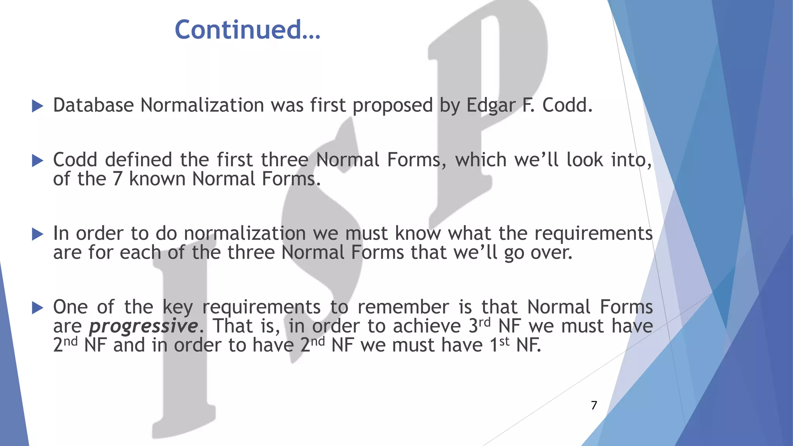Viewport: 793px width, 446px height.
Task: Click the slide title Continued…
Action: [247, 30]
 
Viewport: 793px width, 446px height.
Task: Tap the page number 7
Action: [594, 405]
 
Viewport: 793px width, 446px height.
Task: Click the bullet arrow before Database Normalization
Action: [38, 106]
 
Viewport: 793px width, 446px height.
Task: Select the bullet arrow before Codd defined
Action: [38, 160]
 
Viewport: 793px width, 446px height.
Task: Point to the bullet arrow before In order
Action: [38, 234]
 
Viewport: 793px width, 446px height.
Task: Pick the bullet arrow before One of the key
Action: [38, 307]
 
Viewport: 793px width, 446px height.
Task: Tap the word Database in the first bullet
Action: [93, 105]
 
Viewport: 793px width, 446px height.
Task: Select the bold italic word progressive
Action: [143, 326]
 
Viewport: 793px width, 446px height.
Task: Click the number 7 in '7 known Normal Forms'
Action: [117, 179]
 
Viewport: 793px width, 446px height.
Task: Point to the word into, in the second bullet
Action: [632, 160]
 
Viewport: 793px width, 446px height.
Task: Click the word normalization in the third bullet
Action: [245, 233]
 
